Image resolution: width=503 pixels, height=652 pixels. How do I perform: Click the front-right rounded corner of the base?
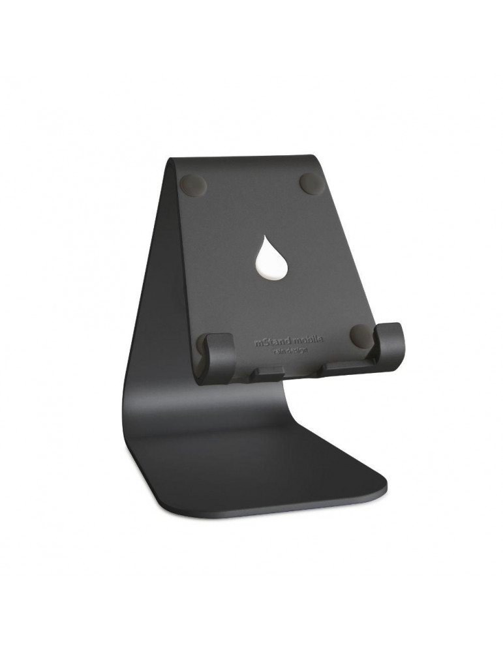tap(384, 485)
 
